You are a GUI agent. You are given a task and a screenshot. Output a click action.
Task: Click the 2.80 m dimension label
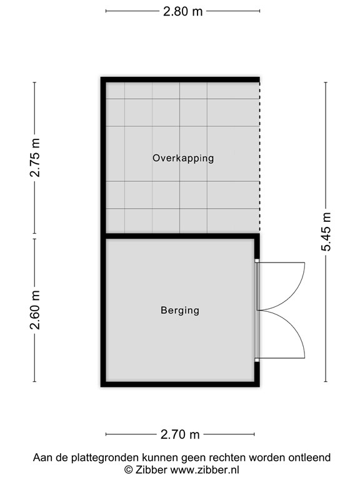point(183,11)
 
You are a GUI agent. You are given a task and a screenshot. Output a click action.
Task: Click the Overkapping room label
point(183,158)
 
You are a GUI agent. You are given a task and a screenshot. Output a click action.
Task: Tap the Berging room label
point(180,310)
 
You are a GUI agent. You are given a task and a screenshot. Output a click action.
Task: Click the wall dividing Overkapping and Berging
point(181,236)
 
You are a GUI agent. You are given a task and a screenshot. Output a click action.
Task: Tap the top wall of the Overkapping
point(181,79)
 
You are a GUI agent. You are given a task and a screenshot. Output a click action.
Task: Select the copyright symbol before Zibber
point(129,469)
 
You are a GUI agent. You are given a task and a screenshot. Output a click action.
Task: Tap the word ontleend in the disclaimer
point(309,458)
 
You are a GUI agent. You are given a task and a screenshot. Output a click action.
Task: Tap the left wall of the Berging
point(103,310)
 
